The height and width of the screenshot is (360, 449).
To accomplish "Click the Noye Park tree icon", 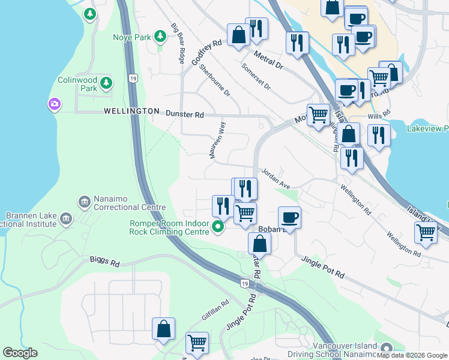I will [x=160, y=37].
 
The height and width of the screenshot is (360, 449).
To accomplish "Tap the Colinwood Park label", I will [x=77, y=84].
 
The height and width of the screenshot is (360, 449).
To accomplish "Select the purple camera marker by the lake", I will [x=55, y=105].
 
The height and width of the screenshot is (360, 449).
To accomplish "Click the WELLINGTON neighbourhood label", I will [x=131, y=112].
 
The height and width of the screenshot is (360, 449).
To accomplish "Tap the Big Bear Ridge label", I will [x=178, y=43].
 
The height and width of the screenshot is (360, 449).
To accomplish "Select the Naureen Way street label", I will [x=217, y=140].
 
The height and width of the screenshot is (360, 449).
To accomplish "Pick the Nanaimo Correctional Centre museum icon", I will [x=83, y=200].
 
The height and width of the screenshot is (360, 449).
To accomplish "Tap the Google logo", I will [x=20, y=353].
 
